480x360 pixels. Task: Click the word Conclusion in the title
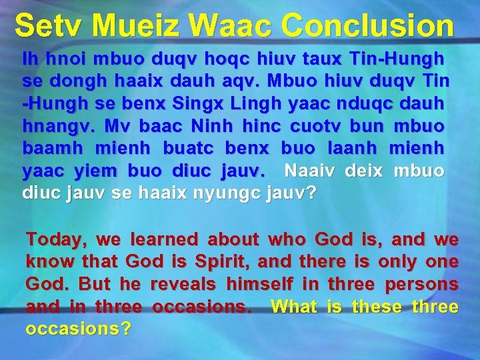[x=367, y=26]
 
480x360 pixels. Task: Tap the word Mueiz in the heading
[x=137, y=26]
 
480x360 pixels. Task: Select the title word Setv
[x=49, y=26]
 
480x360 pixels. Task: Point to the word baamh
[x=49, y=148]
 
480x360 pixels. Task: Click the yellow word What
[x=295, y=307]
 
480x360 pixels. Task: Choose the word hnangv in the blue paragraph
[x=52, y=125]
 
